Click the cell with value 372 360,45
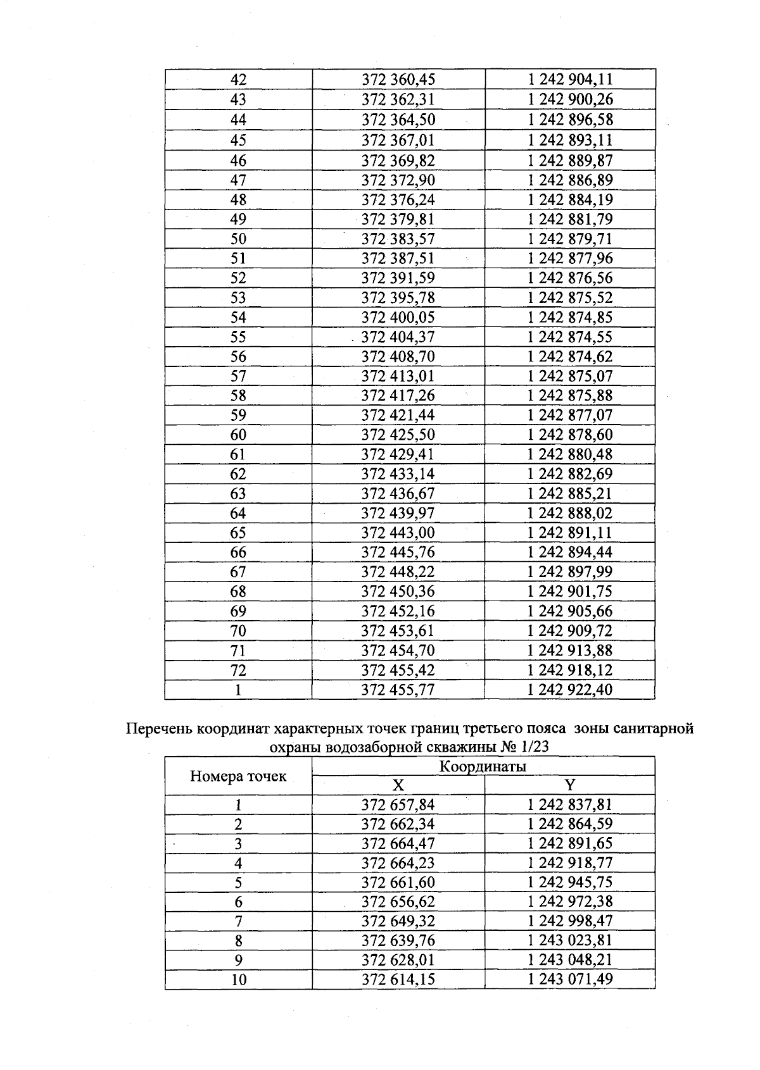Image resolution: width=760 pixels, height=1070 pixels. click(398, 80)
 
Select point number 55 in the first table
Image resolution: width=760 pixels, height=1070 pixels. click(238, 337)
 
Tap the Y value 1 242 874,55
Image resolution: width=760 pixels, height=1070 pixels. click(570, 337)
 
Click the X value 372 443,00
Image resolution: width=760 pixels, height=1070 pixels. click(398, 533)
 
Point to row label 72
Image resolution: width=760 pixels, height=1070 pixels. click(238, 670)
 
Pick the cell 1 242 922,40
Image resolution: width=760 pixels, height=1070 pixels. click(570, 690)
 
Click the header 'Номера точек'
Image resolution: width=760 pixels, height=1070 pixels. click(238, 776)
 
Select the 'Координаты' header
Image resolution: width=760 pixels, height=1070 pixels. click(483, 767)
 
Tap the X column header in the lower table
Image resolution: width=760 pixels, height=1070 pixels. click(398, 785)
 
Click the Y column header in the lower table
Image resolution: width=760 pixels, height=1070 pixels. click(570, 785)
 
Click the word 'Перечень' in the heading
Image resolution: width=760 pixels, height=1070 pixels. click(159, 729)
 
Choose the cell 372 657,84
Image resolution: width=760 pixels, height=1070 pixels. click(398, 805)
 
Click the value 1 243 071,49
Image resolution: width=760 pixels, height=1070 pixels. click(570, 980)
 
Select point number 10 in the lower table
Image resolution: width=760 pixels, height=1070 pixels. click(238, 980)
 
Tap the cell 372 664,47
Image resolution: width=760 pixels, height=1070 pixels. click(398, 843)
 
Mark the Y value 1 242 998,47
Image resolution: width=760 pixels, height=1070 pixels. click(570, 921)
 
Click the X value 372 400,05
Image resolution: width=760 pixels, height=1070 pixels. click(398, 318)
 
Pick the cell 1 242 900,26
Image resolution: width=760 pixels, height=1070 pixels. click(570, 99)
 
